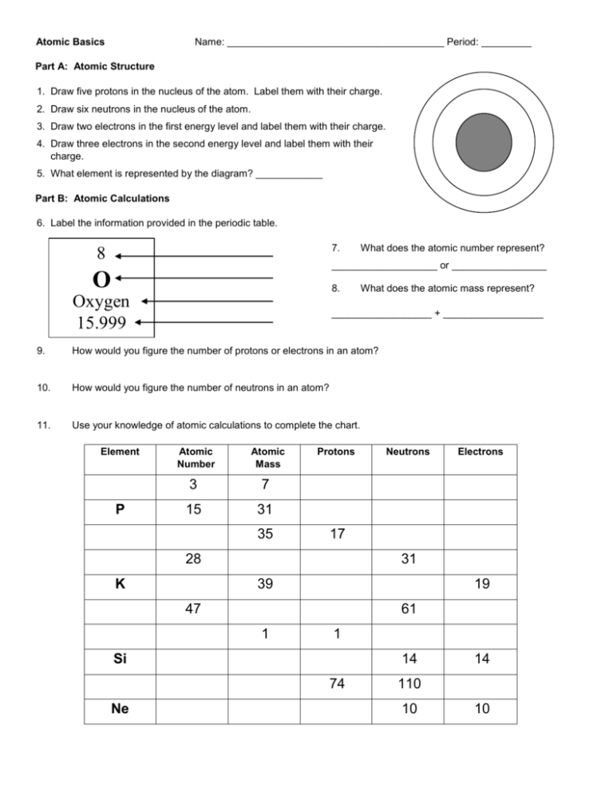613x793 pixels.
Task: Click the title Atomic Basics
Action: click(x=70, y=41)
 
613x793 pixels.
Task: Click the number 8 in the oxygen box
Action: click(x=101, y=254)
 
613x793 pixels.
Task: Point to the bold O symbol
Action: click(x=101, y=278)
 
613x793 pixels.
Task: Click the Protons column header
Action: click(x=335, y=452)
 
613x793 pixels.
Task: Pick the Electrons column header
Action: click(x=480, y=452)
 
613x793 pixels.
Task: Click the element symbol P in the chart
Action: click(x=119, y=509)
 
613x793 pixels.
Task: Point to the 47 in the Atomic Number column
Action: click(x=191, y=609)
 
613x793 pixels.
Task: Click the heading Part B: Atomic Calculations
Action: click(x=103, y=197)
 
